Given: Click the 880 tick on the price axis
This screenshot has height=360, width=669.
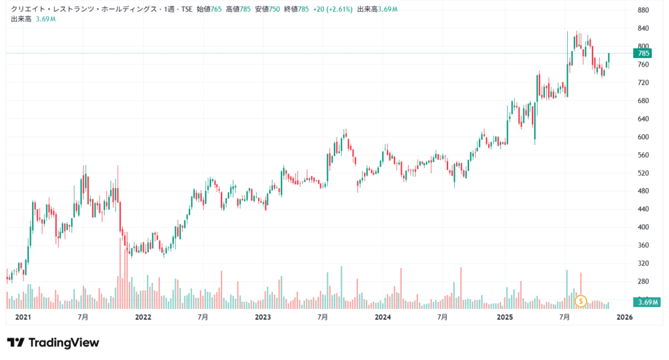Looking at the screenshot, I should [x=643, y=10].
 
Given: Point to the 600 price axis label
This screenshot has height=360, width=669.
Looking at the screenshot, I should [x=643, y=137].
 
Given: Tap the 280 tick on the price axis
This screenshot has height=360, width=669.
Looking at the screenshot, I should [x=643, y=281].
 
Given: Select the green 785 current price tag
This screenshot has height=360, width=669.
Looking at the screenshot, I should [x=643, y=53].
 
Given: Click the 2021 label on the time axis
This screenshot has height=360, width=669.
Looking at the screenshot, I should [x=23, y=317].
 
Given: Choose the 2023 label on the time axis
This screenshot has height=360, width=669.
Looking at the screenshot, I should [x=263, y=317].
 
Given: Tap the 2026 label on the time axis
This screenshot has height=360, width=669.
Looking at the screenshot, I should [x=625, y=317].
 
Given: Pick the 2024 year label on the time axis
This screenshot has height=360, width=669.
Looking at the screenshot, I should [x=383, y=317].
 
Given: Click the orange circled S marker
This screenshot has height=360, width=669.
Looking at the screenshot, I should [x=581, y=301].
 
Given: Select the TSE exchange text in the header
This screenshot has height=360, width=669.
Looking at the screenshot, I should [x=184, y=10].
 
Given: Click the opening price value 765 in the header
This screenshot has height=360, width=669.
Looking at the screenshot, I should [x=216, y=10].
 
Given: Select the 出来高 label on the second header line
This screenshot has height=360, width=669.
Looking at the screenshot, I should [x=21, y=19].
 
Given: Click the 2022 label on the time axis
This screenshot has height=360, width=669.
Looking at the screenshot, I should [x=142, y=317].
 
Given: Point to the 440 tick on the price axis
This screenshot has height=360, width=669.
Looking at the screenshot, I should [x=643, y=208].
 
